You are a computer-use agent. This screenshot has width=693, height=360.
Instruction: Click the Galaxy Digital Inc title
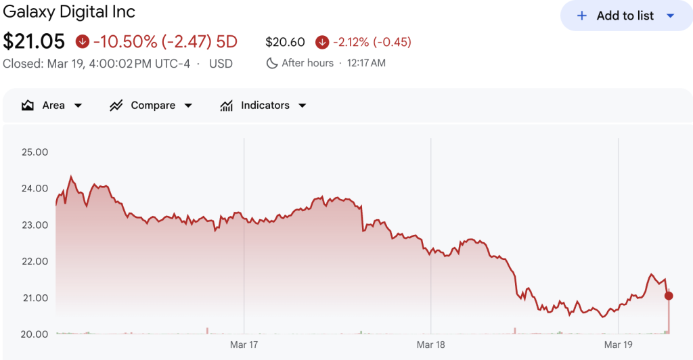coord(69,12)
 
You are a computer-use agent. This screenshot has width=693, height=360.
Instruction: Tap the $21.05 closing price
coord(34,42)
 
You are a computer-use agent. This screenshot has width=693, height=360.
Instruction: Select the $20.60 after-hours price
coord(285,42)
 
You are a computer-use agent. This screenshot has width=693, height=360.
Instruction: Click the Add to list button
coord(625,16)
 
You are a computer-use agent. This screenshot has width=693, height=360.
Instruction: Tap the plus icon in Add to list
coord(581,16)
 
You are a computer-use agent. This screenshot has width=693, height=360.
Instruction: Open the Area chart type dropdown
coord(52,106)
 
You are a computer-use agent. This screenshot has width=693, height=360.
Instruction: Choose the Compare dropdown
coord(151,106)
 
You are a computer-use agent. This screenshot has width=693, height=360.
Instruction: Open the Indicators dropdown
coord(263,106)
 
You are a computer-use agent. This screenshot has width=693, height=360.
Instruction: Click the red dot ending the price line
coord(669,296)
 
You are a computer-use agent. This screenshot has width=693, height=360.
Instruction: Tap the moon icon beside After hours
coord(272,63)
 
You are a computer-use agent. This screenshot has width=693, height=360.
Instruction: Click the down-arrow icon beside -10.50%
coord(83,42)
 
